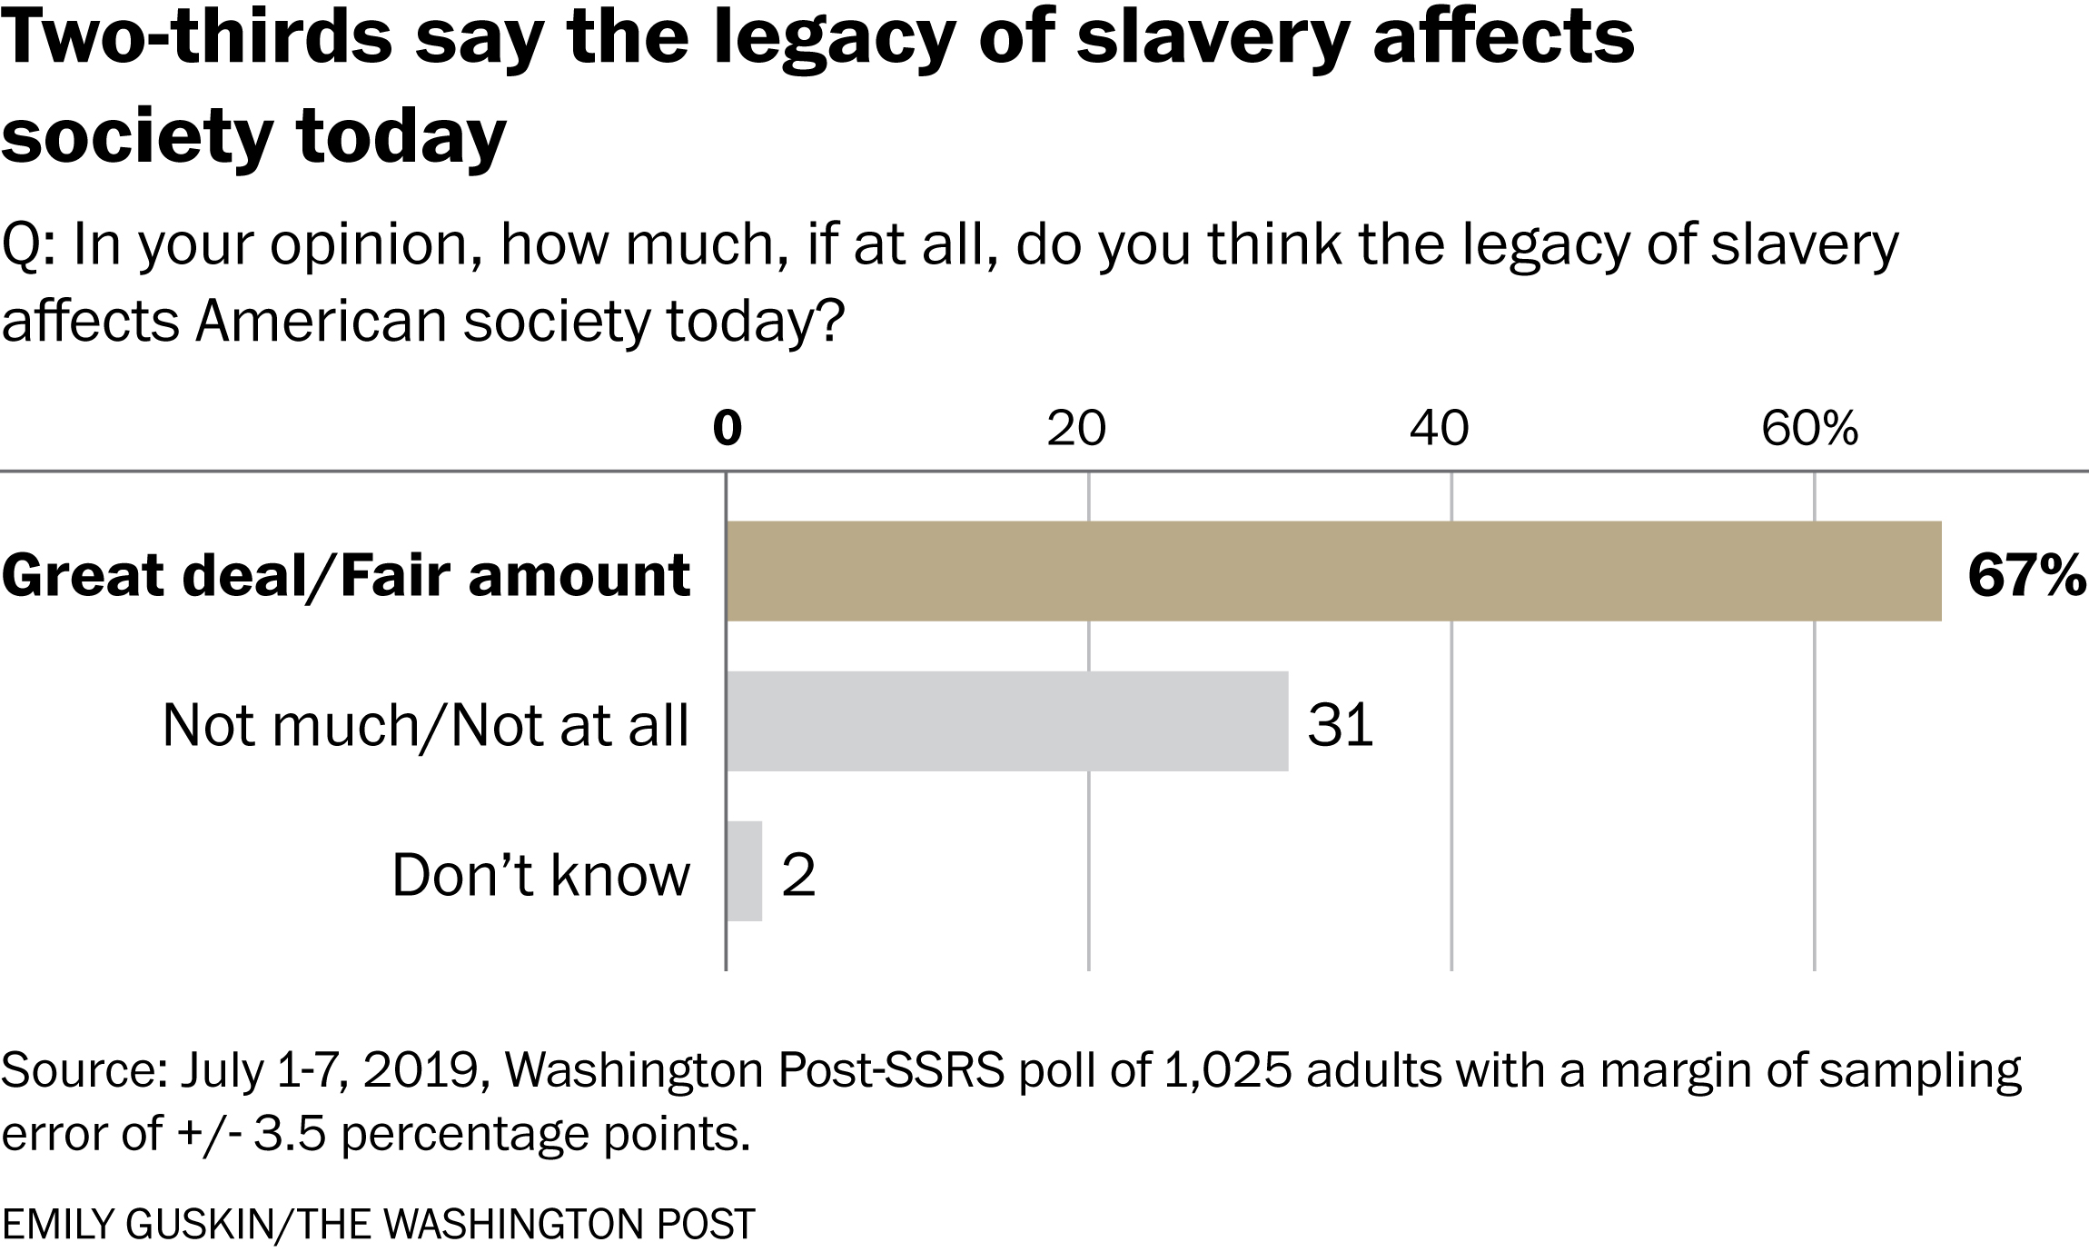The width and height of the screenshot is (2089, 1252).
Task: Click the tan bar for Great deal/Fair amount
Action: pyautogui.click(x=1333, y=571)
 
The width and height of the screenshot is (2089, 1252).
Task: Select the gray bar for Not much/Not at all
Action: pyautogui.click(x=1006, y=721)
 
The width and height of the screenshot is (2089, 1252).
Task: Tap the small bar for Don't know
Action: pyautogui.click(x=744, y=871)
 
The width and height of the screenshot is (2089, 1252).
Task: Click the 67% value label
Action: pyautogui.click(x=2026, y=575)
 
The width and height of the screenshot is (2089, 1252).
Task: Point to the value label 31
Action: pyautogui.click(x=1340, y=726)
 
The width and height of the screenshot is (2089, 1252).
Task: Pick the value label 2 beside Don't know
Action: pyautogui.click(x=798, y=877)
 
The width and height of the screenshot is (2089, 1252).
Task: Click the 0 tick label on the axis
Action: pyautogui.click(x=727, y=428)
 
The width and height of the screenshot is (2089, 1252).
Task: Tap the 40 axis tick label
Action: pyautogui.click(x=1439, y=428)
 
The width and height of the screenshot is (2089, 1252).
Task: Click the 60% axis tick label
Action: pyautogui.click(x=1809, y=428)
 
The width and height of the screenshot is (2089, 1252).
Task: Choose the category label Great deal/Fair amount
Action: pyautogui.click(x=346, y=576)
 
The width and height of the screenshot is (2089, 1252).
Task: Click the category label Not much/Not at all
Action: pyautogui.click(x=425, y=726)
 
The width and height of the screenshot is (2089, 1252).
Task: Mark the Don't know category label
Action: pyautogui.click(x=540, y=877)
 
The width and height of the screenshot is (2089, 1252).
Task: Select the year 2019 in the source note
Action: pyautogui.click(x=421, y=1070)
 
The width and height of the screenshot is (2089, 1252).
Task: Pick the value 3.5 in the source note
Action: pyautogui.click(x=289, y=1134)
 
